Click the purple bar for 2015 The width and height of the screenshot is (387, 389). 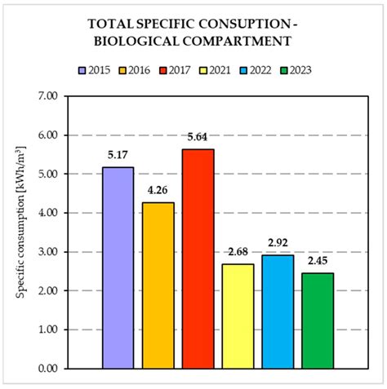[118, 267]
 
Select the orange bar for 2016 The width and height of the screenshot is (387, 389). [158, 285]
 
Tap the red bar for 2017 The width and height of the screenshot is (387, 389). [198, 259]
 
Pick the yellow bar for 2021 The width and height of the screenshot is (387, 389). [238, 316]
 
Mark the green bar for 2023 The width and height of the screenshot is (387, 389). [318, 320]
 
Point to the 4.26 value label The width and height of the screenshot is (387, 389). [158, 189]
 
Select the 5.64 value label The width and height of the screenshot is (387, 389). [198, 136]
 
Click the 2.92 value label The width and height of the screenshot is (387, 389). [278, 242]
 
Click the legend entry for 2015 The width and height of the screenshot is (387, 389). [96, 71]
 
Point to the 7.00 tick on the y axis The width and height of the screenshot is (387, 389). [48, 96]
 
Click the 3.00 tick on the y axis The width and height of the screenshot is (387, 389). [48, 252]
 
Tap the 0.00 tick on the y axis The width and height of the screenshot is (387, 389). [48, 369]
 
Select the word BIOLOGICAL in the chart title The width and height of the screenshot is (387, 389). [160, 40]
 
